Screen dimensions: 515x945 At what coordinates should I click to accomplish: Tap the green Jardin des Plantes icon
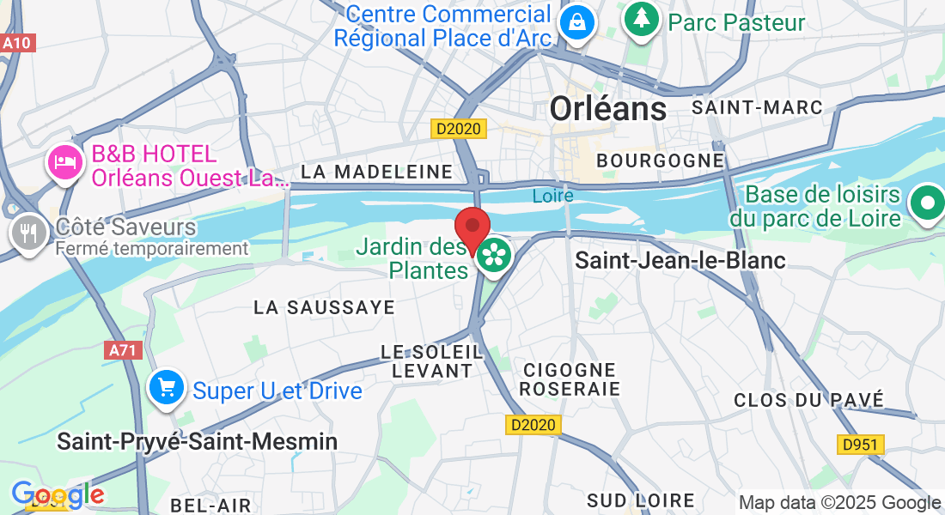pyautogui.click(x=494, y=254)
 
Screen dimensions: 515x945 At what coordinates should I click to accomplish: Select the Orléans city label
pyautogui.click(x=607, y=108)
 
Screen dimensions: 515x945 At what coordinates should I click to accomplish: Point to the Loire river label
pyautogui.click(x=552, y=196)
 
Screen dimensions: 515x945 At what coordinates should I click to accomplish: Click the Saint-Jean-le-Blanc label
pyautogui.click(x=680, y=260)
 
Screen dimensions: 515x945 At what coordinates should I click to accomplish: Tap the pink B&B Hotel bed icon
pyautogui.click(x=65, y=160)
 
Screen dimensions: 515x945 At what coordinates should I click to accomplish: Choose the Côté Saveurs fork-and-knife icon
pyautogui.click(x=30, y=232)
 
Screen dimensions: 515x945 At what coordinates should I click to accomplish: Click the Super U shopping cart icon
pyautogui.click(x=167, y=388)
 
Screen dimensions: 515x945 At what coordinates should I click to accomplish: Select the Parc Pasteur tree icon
pyautogui.click(x=641, y=19)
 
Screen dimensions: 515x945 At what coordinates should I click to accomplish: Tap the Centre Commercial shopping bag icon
pyautogui.click(x=576, y=22)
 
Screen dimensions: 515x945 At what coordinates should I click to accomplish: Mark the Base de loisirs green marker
pyautogui.click(x=927, y=203)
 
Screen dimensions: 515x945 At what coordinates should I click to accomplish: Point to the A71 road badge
pyautogui.click(x=123, y=350)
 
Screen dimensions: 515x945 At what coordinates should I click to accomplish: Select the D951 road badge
pyautogui.click(x=860, y=444)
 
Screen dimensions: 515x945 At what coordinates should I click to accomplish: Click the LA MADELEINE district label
pyautogui.click(x=377, y=172)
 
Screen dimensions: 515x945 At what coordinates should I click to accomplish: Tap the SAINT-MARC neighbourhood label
pyautogui.click(x=757, y=107)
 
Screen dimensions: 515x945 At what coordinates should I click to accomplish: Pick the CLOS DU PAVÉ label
pyautogui.click(x=808, y=400)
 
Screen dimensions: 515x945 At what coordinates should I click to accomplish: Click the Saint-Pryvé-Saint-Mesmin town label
pyautogui.click(x=197, y=441)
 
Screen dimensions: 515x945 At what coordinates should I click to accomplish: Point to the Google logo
pyautogui.click(x=58, y=495)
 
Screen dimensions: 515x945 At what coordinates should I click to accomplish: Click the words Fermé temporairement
pyautogui.click(x=152, y=249)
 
